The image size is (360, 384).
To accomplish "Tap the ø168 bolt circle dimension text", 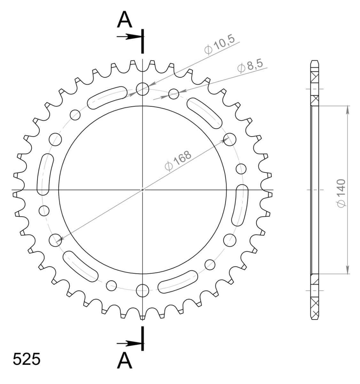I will click(x=177, y=161).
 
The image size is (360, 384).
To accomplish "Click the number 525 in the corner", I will click(x=27, y=359).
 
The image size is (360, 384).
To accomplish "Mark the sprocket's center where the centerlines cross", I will click(x=143, y=190).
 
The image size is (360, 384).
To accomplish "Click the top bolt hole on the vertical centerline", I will click(x=143, y=89).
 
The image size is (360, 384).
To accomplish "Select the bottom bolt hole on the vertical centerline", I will click(x=143, y=291).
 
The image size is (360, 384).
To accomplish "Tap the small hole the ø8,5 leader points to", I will click(x=174, y=94).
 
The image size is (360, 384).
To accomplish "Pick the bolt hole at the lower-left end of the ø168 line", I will click(x=56, y=240).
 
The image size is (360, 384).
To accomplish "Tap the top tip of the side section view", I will click(x=315, y=60).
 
